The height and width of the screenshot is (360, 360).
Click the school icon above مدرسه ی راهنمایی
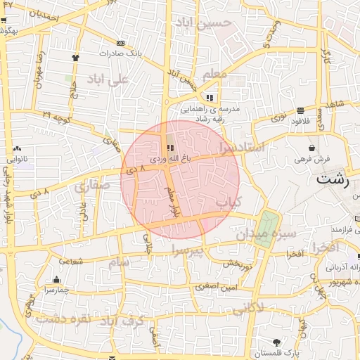pyautogui.click(x=210, y=98)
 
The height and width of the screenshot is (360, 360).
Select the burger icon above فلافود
pyautogui.click(x=301, y=110)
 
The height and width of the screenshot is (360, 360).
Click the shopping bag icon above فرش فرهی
pyautogui.click(x=312, y=148)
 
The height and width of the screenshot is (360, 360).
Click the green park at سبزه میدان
pyautogui.click(x=265, y=228)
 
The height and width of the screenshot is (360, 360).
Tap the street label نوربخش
pyautogui.click(x=238, y=264)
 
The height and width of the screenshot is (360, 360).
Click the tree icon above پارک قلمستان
pyautogui.click(x=275, y=342)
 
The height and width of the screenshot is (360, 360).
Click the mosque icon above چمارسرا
pyautogui.click(x=56, y=279)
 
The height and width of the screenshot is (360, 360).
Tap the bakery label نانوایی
pyautogui.click(x=17, y=160)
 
